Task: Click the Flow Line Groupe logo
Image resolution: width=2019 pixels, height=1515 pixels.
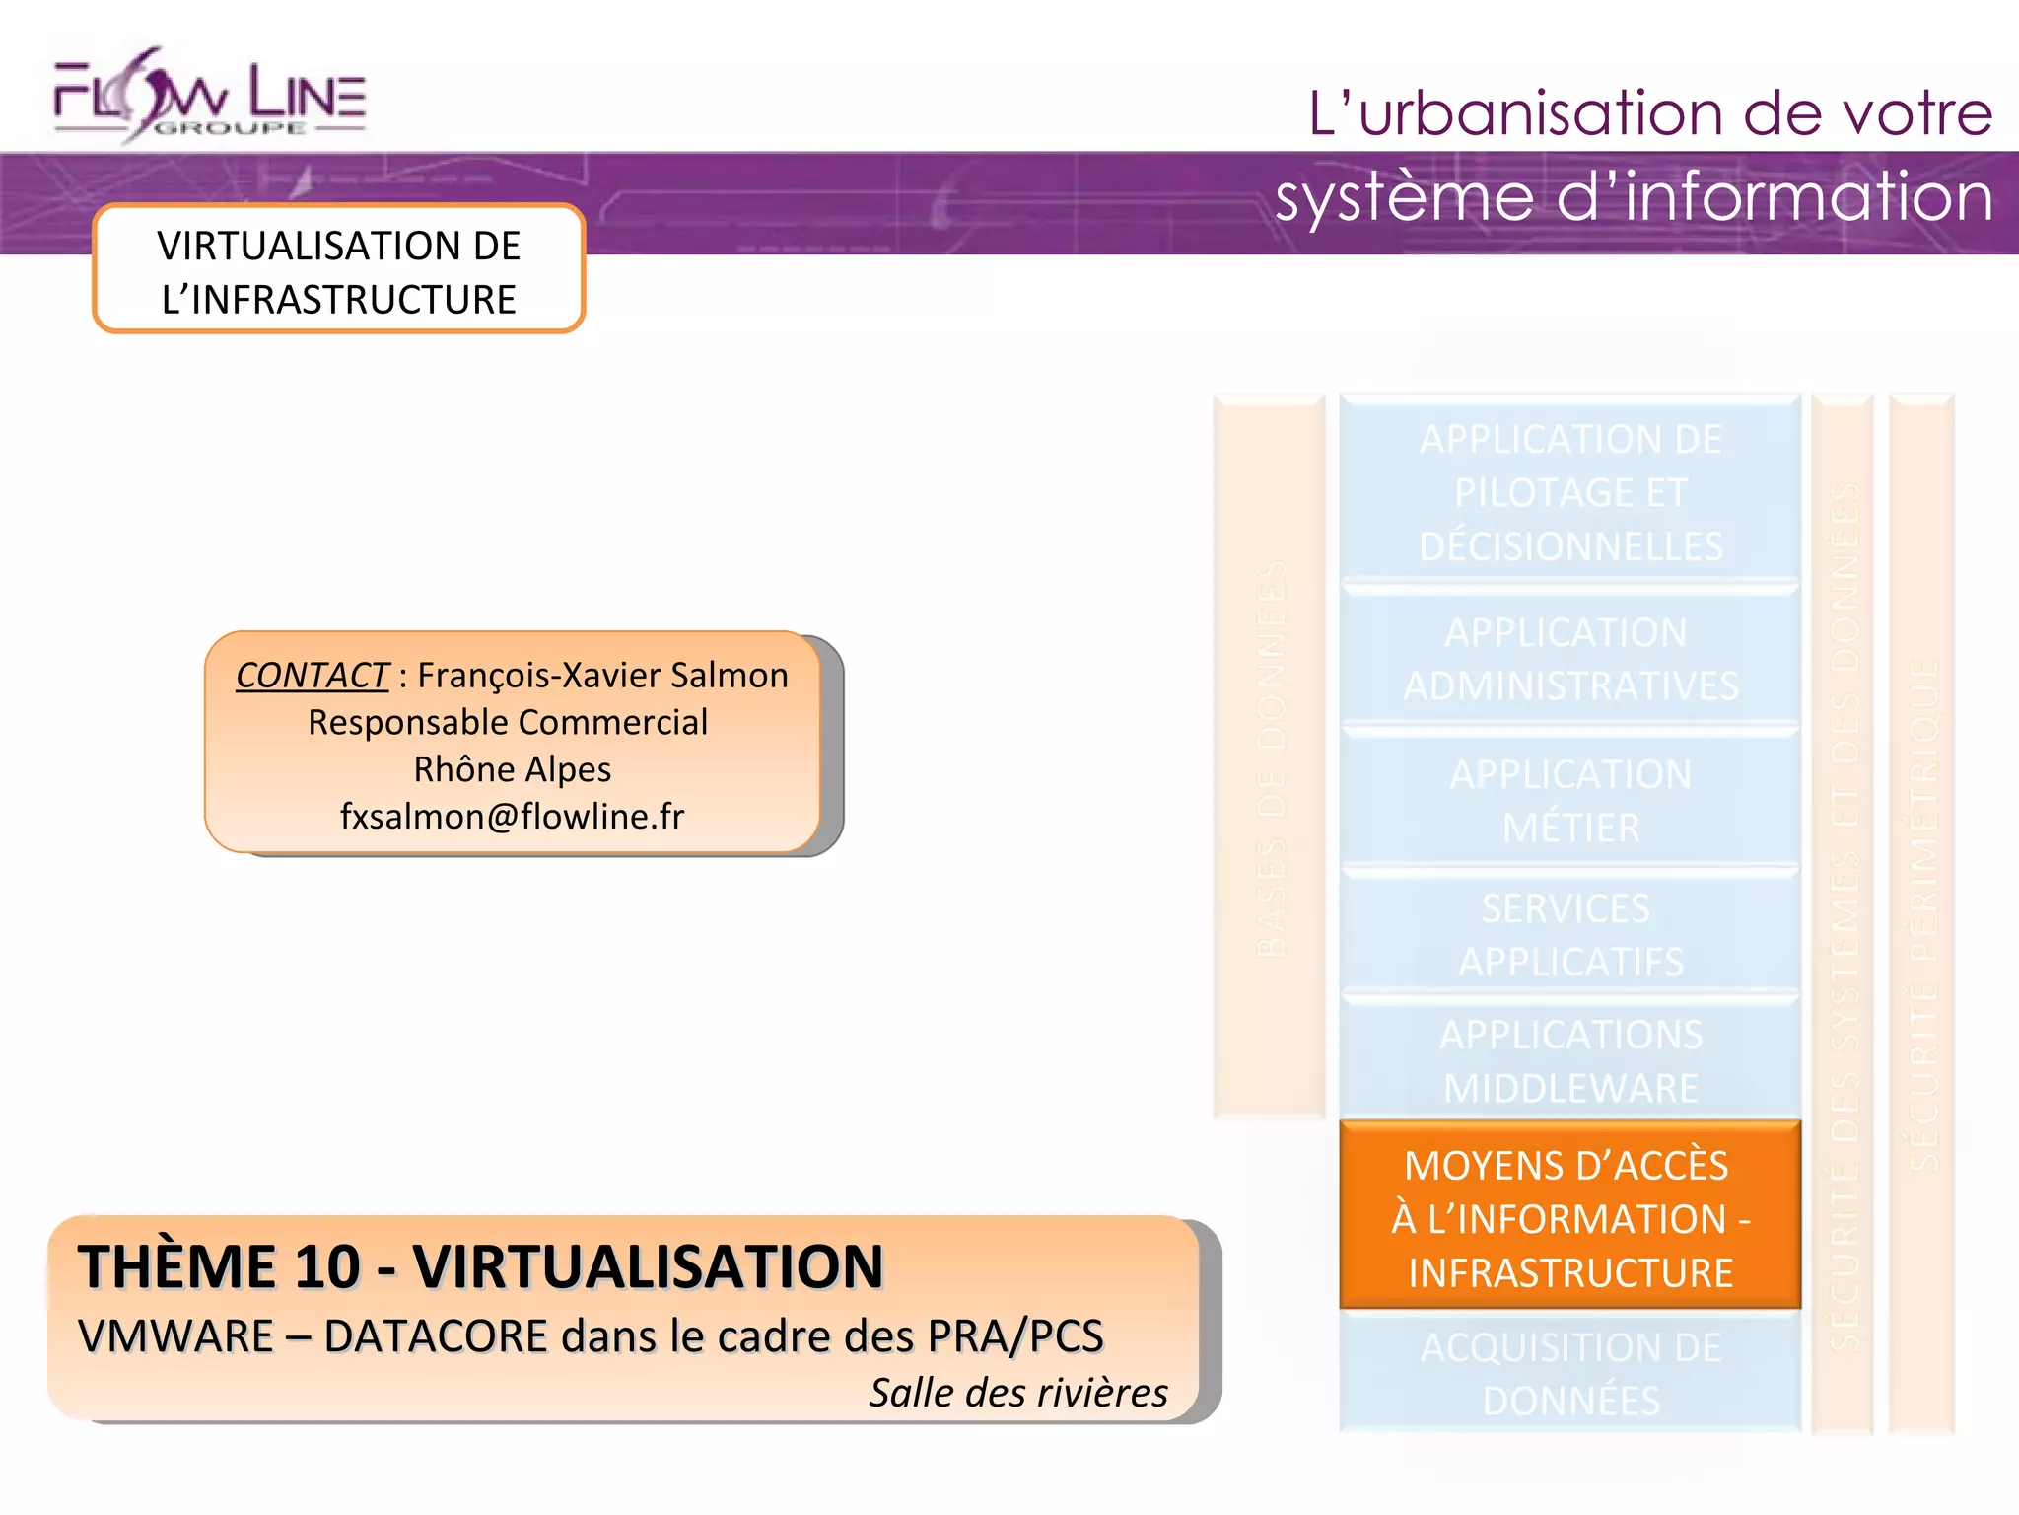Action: pos(209,97)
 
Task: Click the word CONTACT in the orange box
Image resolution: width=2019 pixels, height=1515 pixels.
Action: pos(313,676)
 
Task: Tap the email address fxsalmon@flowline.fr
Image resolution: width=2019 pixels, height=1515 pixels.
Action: pos(512,817)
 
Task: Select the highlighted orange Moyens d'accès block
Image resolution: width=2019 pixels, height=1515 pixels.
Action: pos(1569,1218)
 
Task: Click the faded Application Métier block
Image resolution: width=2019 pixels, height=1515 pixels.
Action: pos(1569,801)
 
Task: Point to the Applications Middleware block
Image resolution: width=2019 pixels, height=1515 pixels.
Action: pos(1569,1061)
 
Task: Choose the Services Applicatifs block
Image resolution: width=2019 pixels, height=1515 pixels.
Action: pos(1569,934)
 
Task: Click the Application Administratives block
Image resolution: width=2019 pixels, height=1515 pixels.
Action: pos(1569,659)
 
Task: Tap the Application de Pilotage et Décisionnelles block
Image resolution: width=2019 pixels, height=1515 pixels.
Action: pos(1569,492)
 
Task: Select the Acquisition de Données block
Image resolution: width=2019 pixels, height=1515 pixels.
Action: pos(1569,1373)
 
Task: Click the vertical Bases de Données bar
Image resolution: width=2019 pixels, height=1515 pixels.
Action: pos(1270,757)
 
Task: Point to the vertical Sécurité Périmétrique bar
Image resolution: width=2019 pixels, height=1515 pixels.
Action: pos(1922,912)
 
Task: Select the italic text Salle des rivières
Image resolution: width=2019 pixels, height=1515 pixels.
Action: pos(1017,1393)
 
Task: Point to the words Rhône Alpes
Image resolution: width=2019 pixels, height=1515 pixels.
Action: pos(512,769)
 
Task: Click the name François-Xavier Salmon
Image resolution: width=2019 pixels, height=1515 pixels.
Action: pos(602,676)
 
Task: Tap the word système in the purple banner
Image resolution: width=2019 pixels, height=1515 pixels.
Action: pos(1404,197)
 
